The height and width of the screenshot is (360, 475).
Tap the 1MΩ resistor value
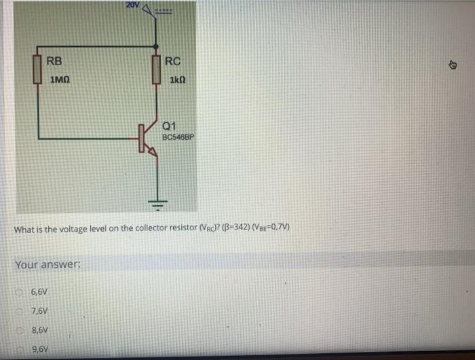tap(60, 80)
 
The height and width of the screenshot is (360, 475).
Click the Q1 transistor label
tap(170, 125)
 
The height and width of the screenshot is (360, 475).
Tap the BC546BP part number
tap(178, 136)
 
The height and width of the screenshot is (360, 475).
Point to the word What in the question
tap(24, 229)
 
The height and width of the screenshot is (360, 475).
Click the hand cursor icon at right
tap(453, 66)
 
